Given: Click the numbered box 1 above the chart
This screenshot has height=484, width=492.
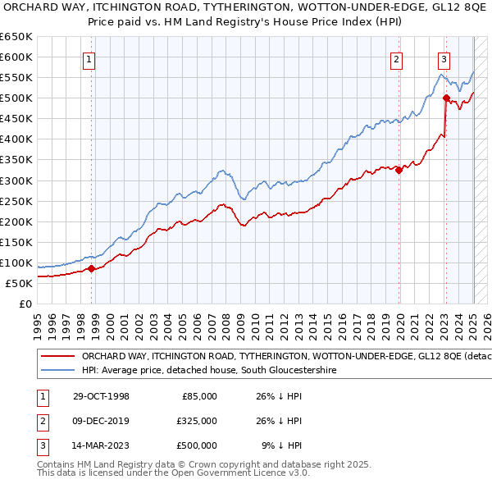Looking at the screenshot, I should point(88,59).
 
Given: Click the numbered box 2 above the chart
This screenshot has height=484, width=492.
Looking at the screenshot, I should point(396,59).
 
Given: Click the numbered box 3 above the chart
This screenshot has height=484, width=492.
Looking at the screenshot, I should point(444,59).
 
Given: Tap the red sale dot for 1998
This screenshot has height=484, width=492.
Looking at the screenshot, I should point(92,268).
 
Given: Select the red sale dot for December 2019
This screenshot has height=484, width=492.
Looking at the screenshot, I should point(399,170).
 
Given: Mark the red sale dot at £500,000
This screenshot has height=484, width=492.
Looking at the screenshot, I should point(446,98).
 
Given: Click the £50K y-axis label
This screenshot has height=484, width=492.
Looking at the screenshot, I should point(19,283).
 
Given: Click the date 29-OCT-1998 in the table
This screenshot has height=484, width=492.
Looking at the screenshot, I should point(100,396).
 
